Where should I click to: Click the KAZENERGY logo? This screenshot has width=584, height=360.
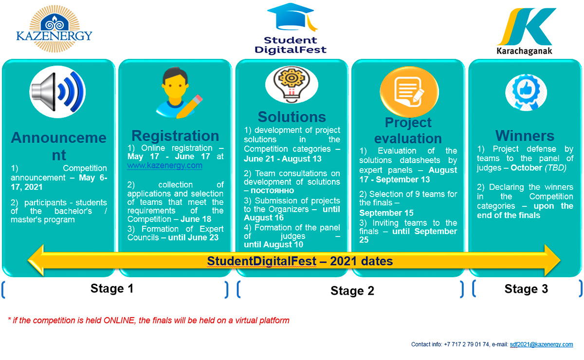[x=54, y=29]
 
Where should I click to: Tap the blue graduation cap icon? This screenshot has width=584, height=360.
[x=292, y=17]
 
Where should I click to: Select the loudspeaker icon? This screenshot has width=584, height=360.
[x=57, y=92]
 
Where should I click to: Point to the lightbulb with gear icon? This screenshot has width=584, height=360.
[x=292, y=85]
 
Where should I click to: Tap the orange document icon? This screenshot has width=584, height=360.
[x=409, y=92]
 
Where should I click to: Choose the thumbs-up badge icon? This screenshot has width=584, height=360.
[x=526, y=92]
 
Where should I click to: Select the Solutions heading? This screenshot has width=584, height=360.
[x=292, y=117]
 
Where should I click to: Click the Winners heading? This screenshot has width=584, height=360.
[x=525, y=136]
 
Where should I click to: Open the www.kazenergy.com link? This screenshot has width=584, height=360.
[x=164, y=165]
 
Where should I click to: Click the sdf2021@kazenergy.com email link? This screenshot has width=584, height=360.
[x=541, y=344]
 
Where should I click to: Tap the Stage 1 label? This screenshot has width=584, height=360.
[x=112, y=288]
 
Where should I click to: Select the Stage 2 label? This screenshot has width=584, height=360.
[x=352, y=290]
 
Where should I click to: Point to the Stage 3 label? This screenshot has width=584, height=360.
[x=526, y=289]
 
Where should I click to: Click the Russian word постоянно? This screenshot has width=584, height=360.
[x=272, y=191]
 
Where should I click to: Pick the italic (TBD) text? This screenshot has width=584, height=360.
[x=555, y=168]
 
